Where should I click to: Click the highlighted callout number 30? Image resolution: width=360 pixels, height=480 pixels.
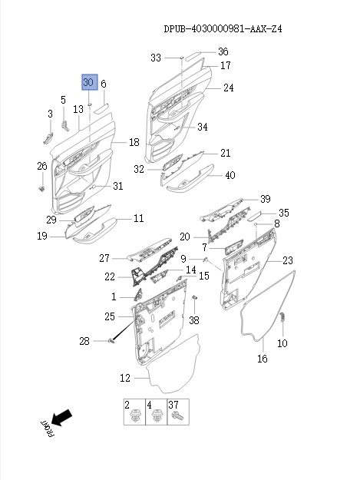pos(90,82)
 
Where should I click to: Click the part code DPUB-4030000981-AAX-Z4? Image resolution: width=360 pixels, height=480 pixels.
pos(223,28)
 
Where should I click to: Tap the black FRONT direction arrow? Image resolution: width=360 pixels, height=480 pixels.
pos(61,417)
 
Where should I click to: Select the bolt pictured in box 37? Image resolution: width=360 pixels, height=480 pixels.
pos(178,416)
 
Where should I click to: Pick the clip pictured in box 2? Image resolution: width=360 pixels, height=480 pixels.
pos(134,416)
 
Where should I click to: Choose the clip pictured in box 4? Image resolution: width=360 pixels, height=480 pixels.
pos(157,416)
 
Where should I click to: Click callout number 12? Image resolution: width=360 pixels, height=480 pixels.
pos(125,378)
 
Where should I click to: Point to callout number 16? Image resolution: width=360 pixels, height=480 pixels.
pos(263,359)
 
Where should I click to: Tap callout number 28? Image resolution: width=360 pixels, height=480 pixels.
pos(84,341)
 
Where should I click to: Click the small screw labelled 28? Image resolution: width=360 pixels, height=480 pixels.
pos(112,340)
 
